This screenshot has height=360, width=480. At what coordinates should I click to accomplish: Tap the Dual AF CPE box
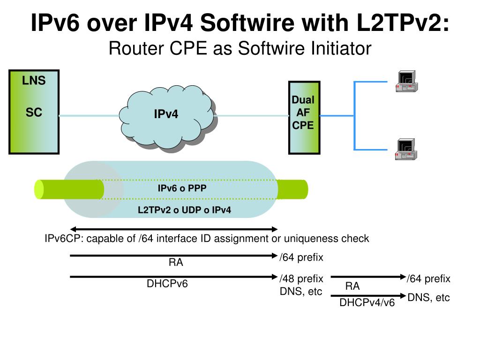[303, 117]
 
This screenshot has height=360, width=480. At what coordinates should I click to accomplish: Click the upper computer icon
[406, 81]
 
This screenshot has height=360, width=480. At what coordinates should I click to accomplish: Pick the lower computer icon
[406, 149]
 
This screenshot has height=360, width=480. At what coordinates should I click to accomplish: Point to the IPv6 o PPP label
[182, 188]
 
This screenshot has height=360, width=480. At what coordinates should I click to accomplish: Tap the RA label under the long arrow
[176, 263]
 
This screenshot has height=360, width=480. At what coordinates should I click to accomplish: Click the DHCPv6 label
[167, 284]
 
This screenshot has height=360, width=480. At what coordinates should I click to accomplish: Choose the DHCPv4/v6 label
[367, 303]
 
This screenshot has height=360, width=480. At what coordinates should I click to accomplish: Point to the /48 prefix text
[301, 279]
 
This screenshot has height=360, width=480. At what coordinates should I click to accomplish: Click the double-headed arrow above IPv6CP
[174, 229]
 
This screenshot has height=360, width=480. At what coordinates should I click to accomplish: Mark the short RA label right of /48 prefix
[352, 286]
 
